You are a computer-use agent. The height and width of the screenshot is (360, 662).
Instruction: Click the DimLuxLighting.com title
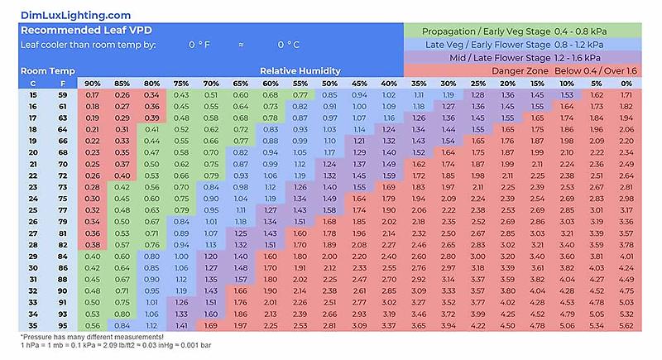(76, 14)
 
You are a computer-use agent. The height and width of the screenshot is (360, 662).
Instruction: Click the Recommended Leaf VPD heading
(79, 31)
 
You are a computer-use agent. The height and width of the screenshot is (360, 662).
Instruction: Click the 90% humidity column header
(93, 84)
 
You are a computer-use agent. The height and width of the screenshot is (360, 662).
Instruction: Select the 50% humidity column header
(329, 84)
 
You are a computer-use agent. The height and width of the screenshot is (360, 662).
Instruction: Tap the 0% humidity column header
(626, 84)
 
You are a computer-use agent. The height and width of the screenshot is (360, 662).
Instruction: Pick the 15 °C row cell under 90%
(93, 95)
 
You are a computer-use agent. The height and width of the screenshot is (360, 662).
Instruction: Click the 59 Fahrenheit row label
(61, 95)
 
